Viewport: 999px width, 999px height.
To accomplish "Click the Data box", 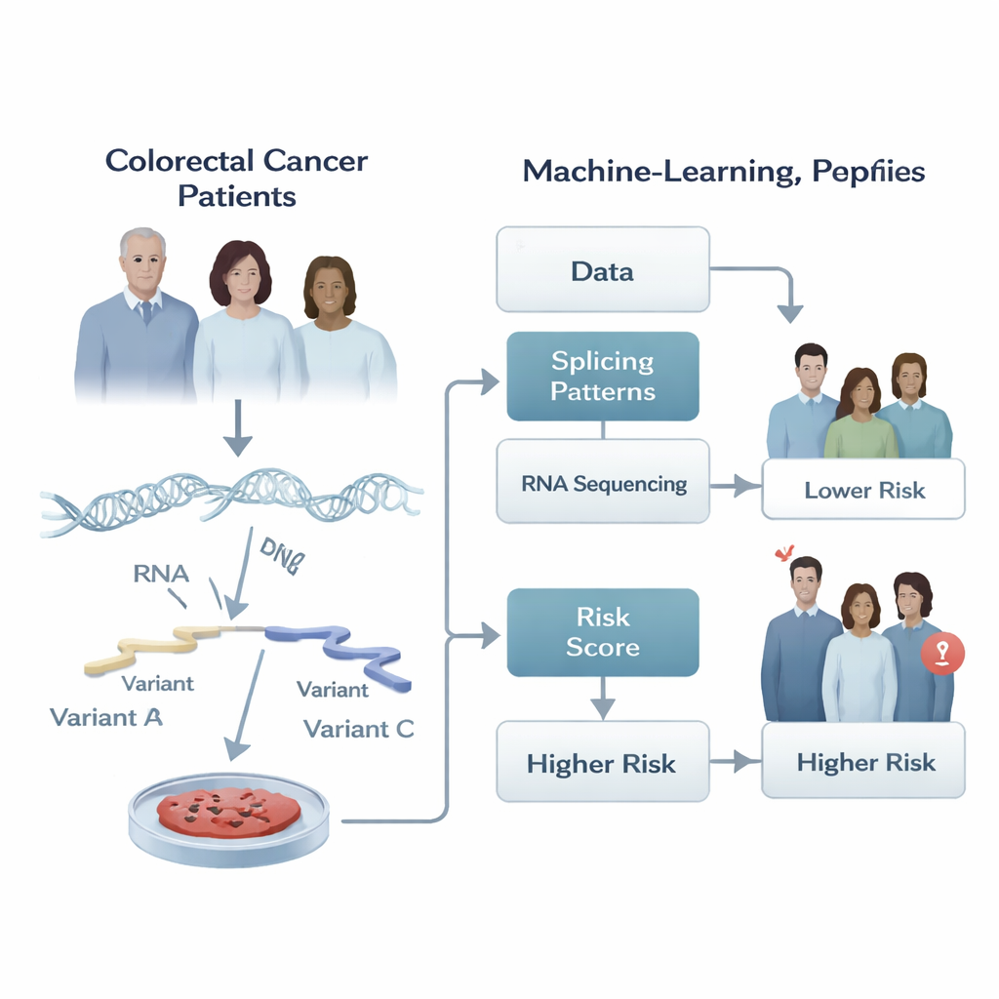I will tap(602, 269).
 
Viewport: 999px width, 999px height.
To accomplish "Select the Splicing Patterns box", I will tap(602, 377).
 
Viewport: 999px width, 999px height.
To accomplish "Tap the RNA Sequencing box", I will tap(602, 482).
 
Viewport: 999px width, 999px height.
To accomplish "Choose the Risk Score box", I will tap(602, 632).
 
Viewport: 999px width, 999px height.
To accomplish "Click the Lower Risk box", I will tap(863, 490).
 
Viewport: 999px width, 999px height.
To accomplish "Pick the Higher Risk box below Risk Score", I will tap(602, 762).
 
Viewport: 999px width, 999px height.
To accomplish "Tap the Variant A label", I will tap(105, 718).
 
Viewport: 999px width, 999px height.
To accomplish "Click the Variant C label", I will tap(359, 729).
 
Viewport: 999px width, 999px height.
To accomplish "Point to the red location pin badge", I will tap(941, 653).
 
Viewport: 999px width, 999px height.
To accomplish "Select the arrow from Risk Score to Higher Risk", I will tap(603, 698).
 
